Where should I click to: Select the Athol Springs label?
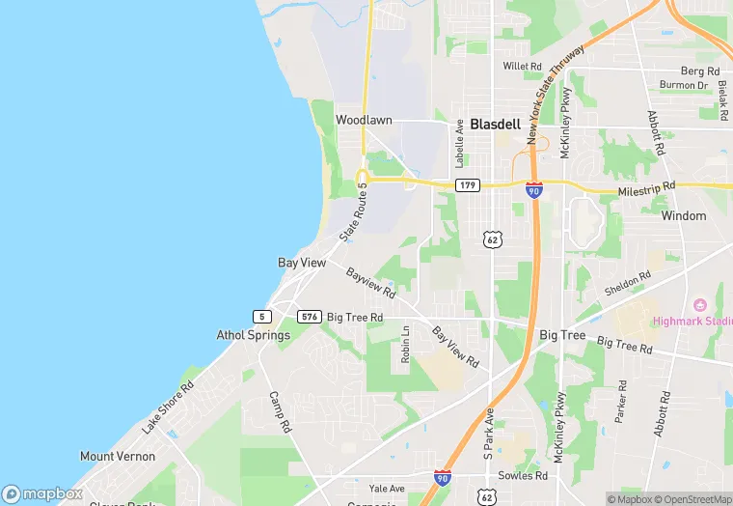(x=253, y=336)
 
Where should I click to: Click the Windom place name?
(x=684, y=216)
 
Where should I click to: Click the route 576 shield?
(x=309, y=317)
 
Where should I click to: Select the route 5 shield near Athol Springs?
(x=261, y=317)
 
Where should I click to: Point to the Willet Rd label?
(x=523, y=67)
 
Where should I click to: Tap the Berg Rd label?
(x=700, y=71)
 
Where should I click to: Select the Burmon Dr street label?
(x=684, y=86)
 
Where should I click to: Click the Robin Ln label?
(x=406, y=345)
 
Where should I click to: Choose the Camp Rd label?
(x=280, y=412)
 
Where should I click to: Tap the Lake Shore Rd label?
(x=168, y=408)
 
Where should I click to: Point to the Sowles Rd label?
(x=524, y=476)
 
